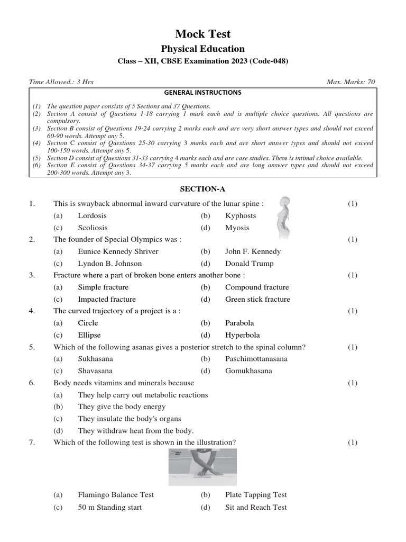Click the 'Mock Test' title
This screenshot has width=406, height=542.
[x=203, y=34]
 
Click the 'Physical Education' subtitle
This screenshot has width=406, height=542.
[x=203, y=49]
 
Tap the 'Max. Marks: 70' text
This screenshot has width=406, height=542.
[x=351, y=82]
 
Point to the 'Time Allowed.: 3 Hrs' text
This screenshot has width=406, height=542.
[x=61, y=82]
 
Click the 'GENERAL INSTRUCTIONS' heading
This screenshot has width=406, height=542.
[x=203, y=93]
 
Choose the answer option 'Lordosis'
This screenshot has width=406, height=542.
[x=92, y=215]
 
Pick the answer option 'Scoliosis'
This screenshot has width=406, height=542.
[x=93, y=228]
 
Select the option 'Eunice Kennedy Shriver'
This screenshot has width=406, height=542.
[x=118, y=251]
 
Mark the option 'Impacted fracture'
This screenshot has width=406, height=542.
[x=107, y=299]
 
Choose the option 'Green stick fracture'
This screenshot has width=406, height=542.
[x=257, y=299]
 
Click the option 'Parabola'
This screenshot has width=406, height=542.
[x=239, y=323]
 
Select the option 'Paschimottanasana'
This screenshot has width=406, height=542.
[x=256, y=359]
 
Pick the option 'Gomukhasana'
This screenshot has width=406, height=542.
[x=248, y=371]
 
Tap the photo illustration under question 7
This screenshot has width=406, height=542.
[x=202, y=467]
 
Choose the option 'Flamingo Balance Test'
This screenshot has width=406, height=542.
[x=116, y=495]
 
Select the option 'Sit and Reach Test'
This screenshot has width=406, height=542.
[x=256, y=507]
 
